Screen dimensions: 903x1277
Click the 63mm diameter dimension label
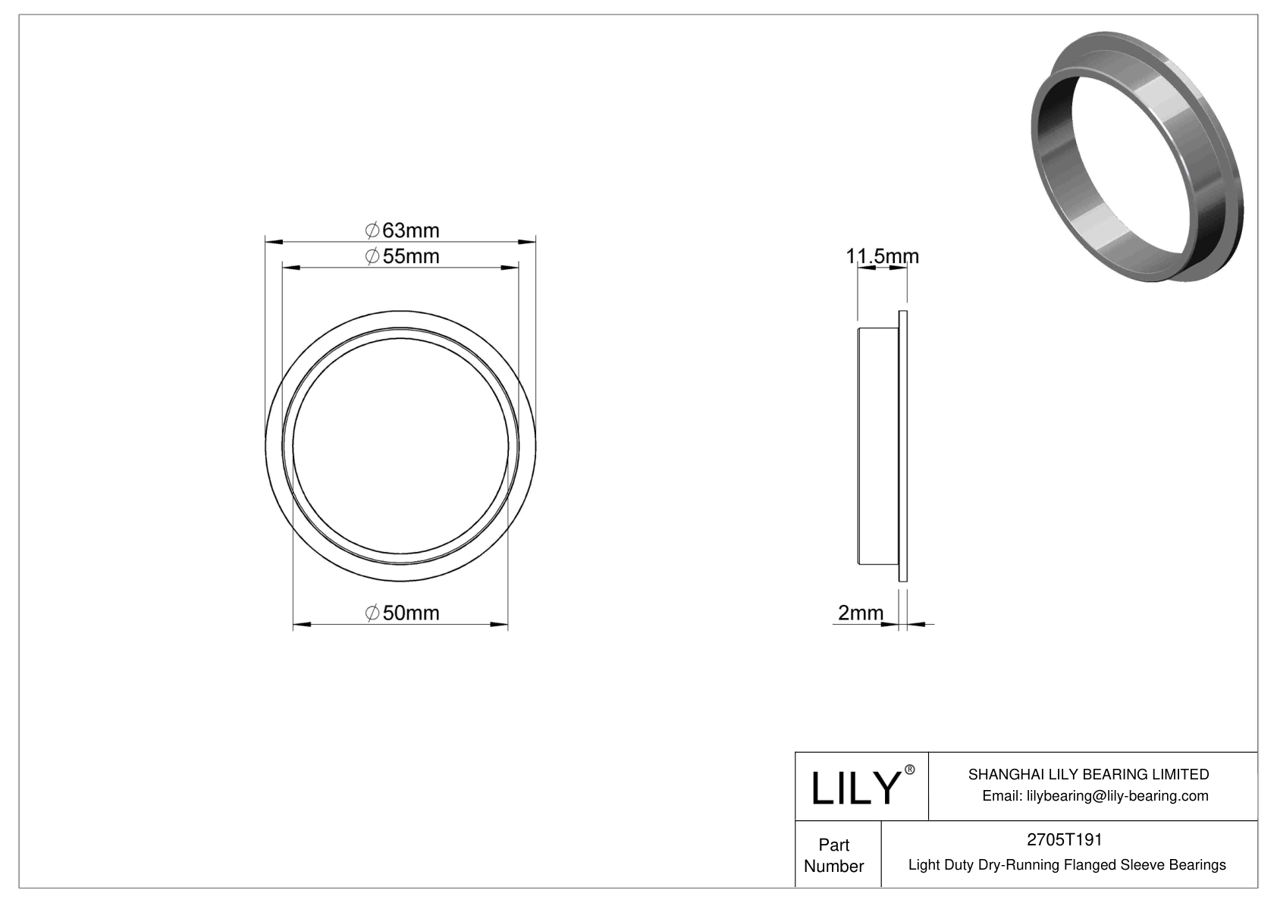(403, 230)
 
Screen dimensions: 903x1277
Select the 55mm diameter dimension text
(403, 256)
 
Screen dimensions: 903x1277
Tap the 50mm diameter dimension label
(403, 613)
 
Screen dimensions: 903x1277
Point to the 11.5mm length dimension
(882, 256)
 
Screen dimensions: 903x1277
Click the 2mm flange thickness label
(860, 613)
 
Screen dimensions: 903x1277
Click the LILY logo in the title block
(855, 788)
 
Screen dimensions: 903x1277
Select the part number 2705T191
(1064, 839)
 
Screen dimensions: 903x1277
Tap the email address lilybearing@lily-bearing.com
(1117, 795)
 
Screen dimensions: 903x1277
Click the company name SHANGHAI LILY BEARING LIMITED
(1088, 774)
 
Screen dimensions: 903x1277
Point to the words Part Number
(833, 855)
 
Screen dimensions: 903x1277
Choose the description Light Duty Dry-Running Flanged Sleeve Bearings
(1066, 864)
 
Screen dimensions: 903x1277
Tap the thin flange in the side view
(902, 447)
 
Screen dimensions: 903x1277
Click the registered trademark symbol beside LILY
(910, 770)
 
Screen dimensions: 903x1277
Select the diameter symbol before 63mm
(372, 230)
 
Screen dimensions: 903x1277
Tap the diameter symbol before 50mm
(372, 613)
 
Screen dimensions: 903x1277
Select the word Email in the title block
(1001, 795)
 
